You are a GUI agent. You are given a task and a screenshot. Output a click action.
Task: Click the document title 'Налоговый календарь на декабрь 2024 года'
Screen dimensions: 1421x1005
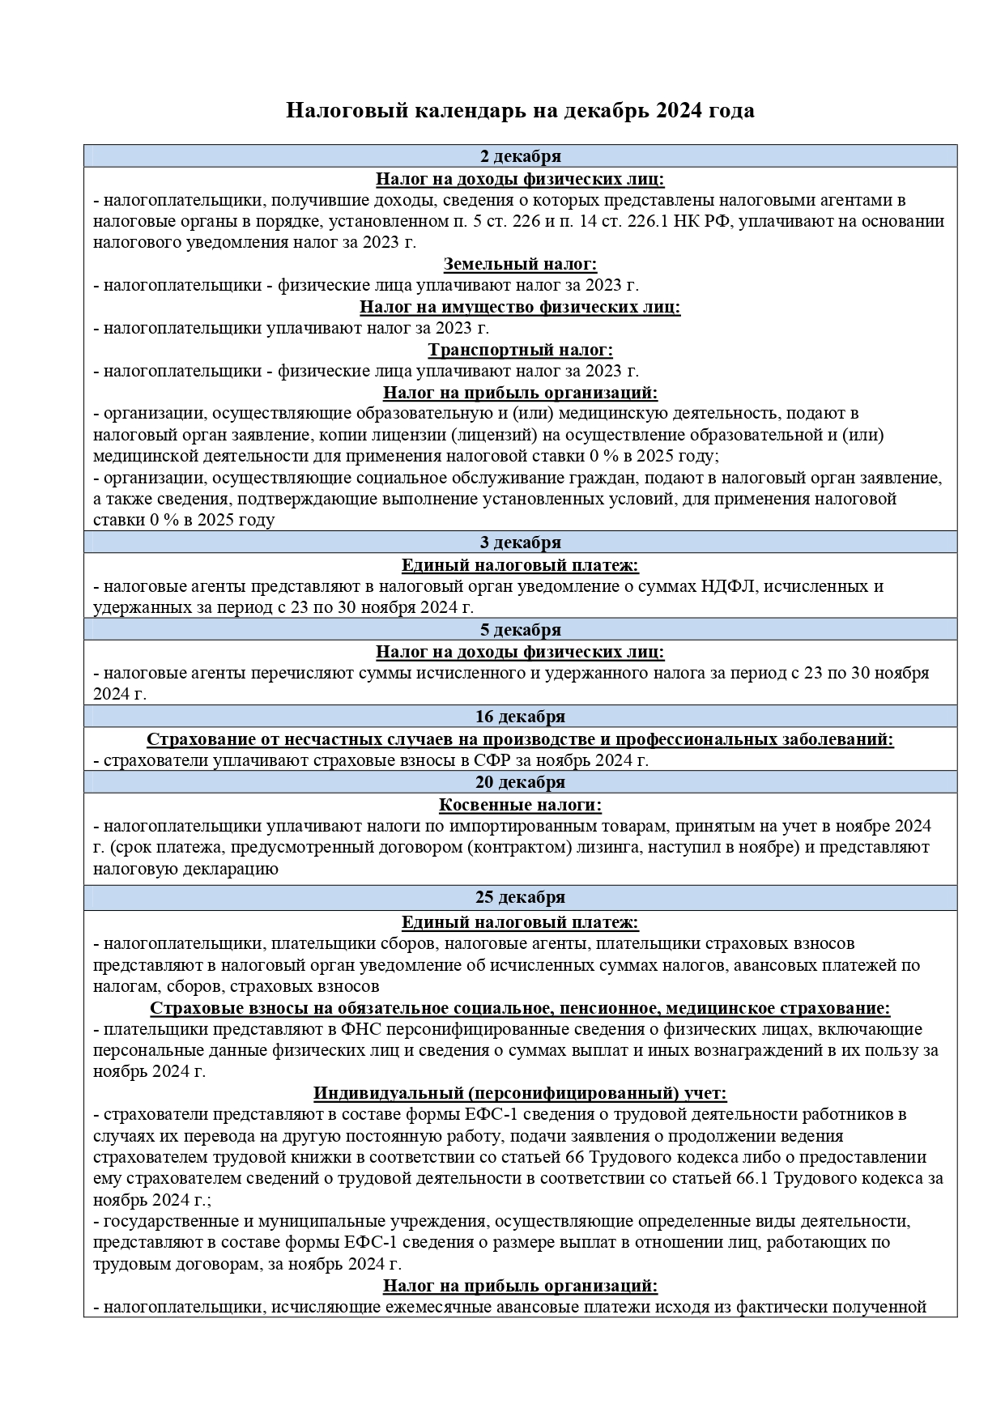click(520, 110)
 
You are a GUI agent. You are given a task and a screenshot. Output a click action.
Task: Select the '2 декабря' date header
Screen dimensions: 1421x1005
click(520, 156)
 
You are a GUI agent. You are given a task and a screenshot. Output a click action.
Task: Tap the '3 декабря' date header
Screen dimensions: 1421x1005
click(520, 542)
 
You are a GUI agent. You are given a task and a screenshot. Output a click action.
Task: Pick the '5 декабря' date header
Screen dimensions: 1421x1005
click(520, 630)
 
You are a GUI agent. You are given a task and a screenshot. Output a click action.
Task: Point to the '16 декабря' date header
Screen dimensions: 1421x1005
click(520, 717)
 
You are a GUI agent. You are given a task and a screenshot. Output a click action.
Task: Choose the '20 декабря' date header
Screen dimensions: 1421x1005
click(520, 782)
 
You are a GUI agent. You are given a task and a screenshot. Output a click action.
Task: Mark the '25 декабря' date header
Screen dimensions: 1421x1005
click(520, 897)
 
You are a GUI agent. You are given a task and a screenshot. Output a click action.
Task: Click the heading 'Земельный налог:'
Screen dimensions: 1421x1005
click(520, 264)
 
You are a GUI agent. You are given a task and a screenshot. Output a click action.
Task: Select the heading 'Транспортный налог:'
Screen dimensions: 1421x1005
click(520, 350)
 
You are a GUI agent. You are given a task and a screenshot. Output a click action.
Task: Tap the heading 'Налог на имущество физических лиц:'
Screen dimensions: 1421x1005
click(520, 307)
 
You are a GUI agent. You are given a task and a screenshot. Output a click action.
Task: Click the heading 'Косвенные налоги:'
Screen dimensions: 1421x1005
click(520, 805)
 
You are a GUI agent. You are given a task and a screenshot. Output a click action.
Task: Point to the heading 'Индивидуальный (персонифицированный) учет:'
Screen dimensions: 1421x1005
click(520, 1093)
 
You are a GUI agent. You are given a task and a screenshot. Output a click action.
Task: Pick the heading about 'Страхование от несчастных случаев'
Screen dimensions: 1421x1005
click(520, 739)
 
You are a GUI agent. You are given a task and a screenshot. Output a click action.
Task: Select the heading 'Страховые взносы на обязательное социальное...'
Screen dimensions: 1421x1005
click(520, 1008)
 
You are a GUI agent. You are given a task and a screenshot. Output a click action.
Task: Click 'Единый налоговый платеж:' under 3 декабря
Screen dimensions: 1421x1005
click(520, 565)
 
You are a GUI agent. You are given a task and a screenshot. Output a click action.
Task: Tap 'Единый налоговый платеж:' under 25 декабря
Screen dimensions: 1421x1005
click(520, 922)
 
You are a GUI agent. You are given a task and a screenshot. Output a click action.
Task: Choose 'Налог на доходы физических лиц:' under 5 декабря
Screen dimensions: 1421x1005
click(520, 652)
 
